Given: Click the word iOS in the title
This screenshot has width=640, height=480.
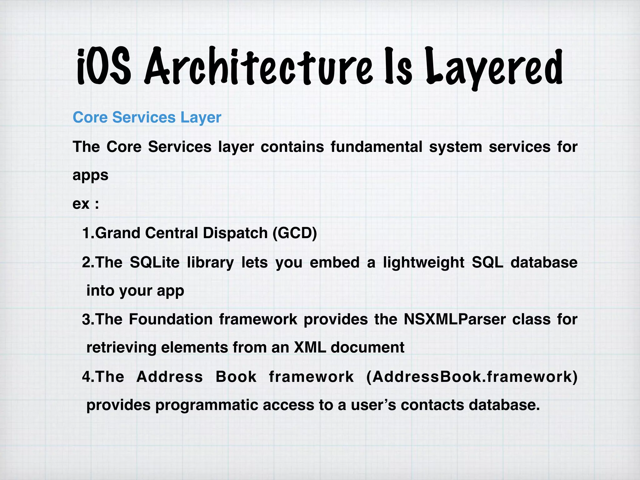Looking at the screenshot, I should [x=104, y=67].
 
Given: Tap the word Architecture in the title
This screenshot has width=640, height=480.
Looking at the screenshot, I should [x=258, y=67].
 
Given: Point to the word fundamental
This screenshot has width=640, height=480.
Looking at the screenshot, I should [x=376, y=147].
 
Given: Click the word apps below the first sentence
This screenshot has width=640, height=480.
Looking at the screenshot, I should [x=90, y=175].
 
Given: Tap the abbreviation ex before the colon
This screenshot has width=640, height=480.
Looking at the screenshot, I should [x=81, y=204].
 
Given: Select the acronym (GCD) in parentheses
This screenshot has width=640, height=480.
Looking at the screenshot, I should [x=295, y=233].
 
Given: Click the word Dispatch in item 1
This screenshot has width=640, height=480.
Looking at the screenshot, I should [x=235, y=233].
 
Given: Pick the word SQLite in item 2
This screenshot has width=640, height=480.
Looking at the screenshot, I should [x=155, y=262].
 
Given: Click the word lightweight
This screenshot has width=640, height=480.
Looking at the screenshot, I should [x=424, y=262].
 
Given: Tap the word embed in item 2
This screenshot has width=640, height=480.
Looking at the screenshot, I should [x=334, y=262].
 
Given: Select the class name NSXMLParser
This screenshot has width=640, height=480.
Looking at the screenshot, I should [x=455, y=319].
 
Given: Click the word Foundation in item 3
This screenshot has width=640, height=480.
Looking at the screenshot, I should [x=171, y=319].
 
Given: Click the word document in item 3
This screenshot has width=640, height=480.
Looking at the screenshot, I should [x=367, y=347].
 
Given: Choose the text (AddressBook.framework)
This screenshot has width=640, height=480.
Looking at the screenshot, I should [x=472, y=377].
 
